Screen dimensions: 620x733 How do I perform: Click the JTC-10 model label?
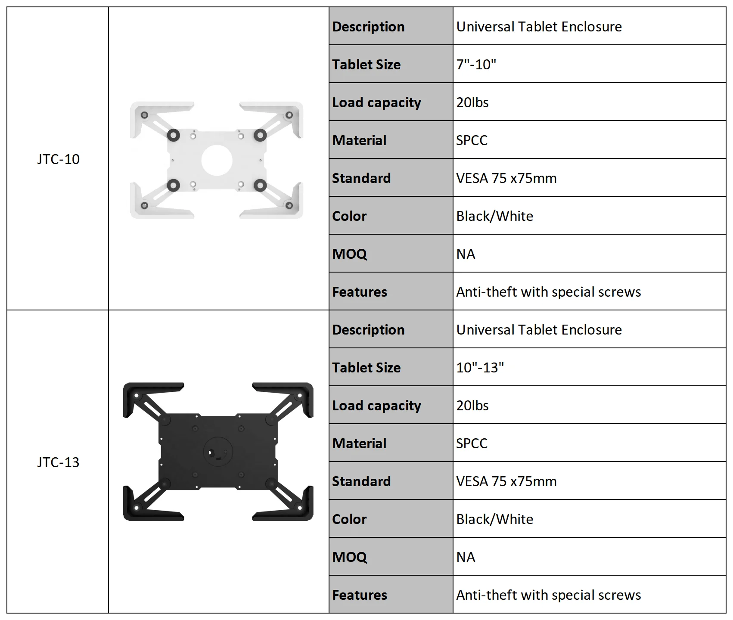[58, 159]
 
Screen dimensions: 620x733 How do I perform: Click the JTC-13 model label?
[58, 462]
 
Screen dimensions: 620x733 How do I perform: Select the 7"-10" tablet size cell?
[476, 65]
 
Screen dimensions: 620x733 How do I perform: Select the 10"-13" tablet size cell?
[480, 368]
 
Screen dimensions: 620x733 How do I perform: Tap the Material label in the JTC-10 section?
[359, 140]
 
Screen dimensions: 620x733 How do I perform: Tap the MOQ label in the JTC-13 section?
[349, 557]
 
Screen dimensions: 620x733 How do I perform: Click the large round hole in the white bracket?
[217, 161]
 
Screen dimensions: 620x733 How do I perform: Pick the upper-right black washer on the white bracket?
[260, 135]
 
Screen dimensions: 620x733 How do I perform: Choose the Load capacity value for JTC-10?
[472, 102]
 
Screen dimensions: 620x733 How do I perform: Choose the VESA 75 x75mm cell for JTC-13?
[506, 481]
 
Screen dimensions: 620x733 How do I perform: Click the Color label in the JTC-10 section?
[349, 216]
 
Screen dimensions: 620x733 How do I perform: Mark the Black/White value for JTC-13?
[494, 519]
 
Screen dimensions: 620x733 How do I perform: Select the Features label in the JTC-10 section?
[360, 292]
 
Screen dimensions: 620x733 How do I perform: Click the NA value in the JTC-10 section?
[466, 254]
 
